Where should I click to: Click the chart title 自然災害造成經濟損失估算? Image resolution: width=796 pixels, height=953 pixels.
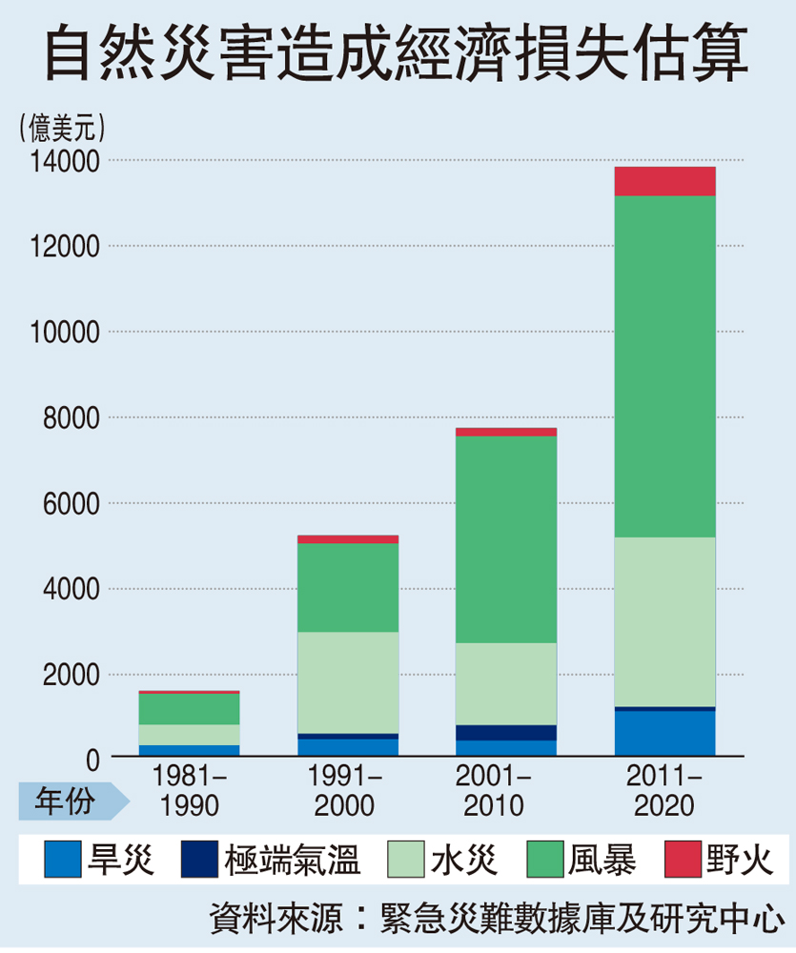[x=398, y=55]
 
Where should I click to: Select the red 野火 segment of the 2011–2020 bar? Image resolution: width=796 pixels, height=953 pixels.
[x=664, y=181]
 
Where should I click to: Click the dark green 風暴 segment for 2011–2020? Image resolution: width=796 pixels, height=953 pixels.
[x=664, y=367]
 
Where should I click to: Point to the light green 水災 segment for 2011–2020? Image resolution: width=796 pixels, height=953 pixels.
[x=664, y=621]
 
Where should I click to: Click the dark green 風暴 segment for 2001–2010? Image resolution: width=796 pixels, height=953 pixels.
[x=506, y=538]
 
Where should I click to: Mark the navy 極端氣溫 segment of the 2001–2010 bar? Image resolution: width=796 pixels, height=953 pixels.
[x=506, y=733]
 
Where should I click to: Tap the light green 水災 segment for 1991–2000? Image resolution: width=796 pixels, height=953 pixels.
[x=348, y=682]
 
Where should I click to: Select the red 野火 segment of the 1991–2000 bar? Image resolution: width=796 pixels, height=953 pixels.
[x=348, y=538]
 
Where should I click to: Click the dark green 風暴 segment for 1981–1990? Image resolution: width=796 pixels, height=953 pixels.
[x=190, y=708]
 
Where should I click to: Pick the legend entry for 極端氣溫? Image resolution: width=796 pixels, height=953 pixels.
[x=271, y=861]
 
